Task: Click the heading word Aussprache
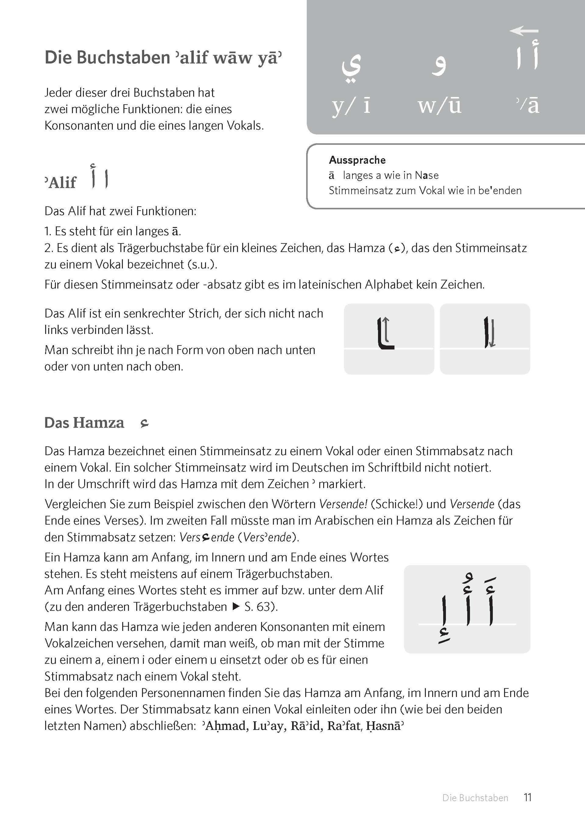pyautogui.click(x=357, y=160)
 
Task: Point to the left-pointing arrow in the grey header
pyautogui.click(x=524, y=31)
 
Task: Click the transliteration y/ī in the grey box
pyautogui.click(x=351, y=106)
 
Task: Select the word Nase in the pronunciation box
pyautogui.click(x=427, y=176)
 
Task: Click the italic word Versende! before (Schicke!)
pyautogui.click(x=343, y=504)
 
